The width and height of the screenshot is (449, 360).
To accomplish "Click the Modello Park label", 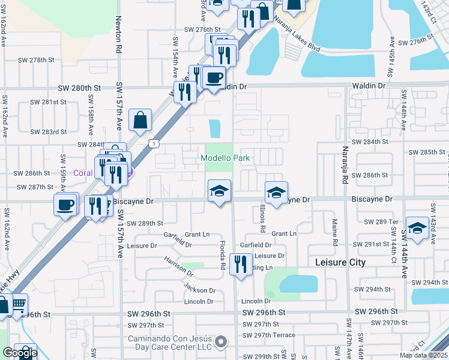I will pos(225,158).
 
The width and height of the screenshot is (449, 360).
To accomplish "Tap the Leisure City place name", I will pos(341,262).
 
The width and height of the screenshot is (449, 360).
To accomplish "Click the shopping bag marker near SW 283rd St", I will pos(140,120).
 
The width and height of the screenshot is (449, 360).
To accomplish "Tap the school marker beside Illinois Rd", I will pos(276,193).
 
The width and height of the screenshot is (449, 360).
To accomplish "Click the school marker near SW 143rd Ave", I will pos(417,228).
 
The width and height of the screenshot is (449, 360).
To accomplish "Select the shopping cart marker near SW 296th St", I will pos(19,304).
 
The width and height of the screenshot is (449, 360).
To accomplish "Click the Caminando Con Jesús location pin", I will pos(221,342).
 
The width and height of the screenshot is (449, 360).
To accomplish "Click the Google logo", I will pos(20,353).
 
